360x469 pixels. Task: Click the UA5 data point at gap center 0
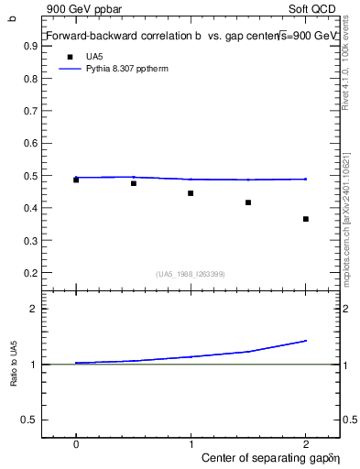coord(76,180)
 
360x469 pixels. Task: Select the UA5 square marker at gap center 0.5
coord(134,183)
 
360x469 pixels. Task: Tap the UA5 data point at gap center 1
coord(191,193)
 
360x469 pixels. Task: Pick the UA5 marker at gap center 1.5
coord(248,202)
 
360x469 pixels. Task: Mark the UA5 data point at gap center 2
coord(306,219)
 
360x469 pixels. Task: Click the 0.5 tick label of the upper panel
coord(33,176)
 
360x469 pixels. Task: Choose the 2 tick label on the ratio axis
coord(34,310)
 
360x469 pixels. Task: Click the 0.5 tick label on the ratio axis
coord(31,420)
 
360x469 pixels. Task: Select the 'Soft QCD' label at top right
coord(315,8)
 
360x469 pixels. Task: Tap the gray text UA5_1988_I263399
coord(191,274)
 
